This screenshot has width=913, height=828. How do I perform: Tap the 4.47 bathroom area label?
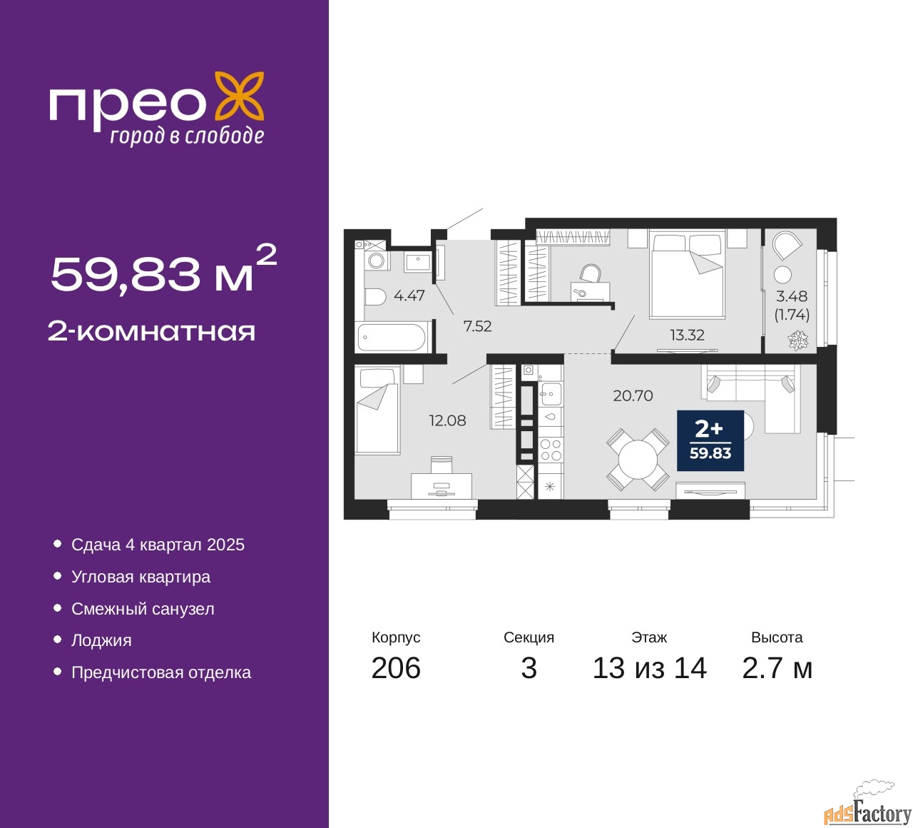coord(409,296)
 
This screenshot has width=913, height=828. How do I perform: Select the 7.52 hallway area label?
coord(477,326)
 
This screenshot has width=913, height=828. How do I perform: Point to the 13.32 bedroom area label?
coord(687,335)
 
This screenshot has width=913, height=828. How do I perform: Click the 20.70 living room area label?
coord(633,395)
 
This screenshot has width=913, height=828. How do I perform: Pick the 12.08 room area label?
coord(447,420)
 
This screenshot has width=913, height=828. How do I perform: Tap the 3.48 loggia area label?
coord(792,296)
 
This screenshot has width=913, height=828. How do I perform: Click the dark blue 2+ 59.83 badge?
coord(710,440)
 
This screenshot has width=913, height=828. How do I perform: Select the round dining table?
coord(638,459)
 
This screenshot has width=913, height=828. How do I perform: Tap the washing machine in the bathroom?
coord(377,261)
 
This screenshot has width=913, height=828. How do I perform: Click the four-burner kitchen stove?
coord(551,450)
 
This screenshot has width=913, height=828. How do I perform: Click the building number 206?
coord(396,668)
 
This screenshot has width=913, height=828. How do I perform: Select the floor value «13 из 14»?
coord(650,668)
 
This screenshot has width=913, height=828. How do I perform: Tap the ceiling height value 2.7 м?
coord(777,668)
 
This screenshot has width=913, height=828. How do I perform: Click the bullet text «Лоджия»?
coord(101,641)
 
